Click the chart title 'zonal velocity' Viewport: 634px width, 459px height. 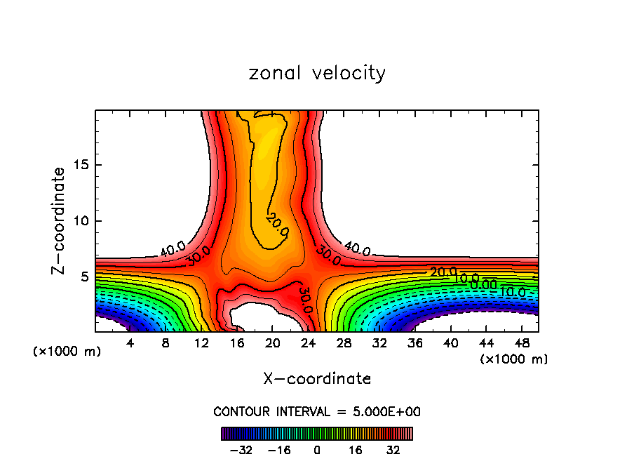point(317,73)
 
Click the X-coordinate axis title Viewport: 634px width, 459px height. point(317,379)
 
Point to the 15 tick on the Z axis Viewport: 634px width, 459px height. point(83,165)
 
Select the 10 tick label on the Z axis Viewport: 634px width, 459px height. point(83,221)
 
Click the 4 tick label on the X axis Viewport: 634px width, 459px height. point(130,342)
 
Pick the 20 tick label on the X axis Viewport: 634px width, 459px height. point(272,342)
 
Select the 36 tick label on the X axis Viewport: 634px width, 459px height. point(414,342)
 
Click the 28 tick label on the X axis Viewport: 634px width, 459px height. point(343,342)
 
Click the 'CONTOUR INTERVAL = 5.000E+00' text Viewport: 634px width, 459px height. point(317,411)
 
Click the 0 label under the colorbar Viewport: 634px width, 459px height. point(317,450)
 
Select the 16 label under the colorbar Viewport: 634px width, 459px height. point(356,450)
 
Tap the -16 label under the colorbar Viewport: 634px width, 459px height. point(278,450)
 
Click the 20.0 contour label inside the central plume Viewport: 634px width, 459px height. point(277,225)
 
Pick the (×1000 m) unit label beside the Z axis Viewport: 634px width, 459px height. point(67,352)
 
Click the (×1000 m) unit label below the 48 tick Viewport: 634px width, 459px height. point(513,359)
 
